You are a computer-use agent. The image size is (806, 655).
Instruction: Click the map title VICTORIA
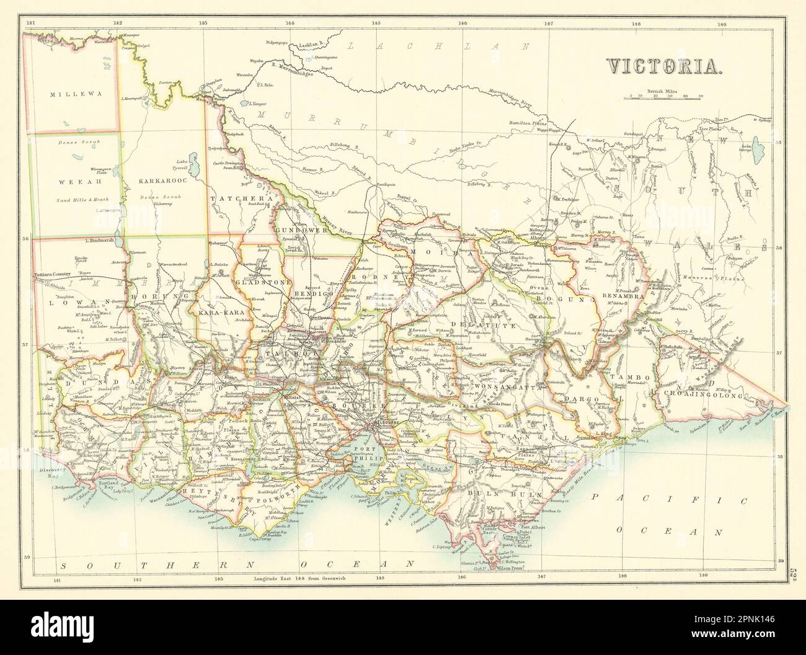tap(662, 66)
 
